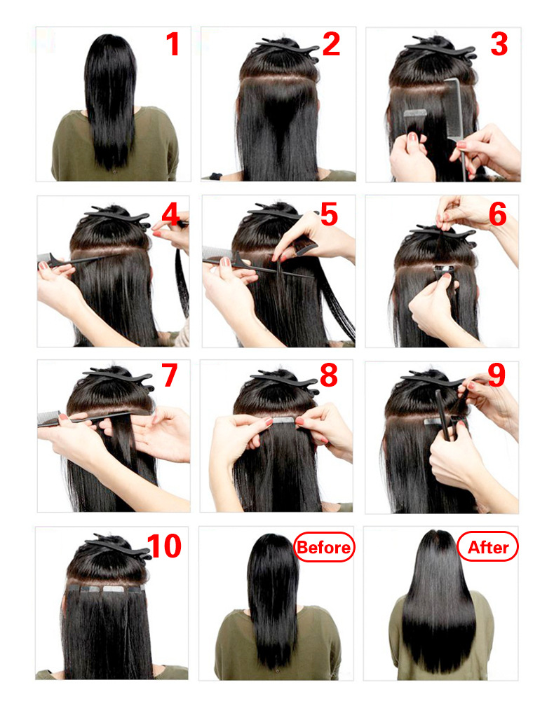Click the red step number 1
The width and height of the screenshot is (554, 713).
click(x=173, y=44)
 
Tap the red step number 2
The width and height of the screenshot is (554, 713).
click(x=331, y=44)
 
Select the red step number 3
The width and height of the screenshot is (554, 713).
click(x=499, y=44)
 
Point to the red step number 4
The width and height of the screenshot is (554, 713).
click(x=170, y=214)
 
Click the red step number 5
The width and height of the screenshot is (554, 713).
click(x=329, y=214)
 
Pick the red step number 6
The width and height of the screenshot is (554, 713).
click(x=498, y=214)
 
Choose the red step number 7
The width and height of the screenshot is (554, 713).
click(x=169, y=375)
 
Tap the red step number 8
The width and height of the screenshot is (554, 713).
click(x=329, y=375)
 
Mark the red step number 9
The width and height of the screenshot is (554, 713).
click(x=496, y=375)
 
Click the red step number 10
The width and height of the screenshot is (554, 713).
click(x=164, y=546)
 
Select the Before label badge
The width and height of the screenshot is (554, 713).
click(x=324, y=547)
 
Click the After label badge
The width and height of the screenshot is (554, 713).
click(x=487, y=547)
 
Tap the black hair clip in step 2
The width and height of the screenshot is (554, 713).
click(x=288, y=48)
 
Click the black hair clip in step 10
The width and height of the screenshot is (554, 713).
click(x=119, y=547)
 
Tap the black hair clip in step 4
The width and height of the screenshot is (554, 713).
click(x=119, y=216)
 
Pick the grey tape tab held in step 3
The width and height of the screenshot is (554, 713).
click(x=415, y=113)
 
